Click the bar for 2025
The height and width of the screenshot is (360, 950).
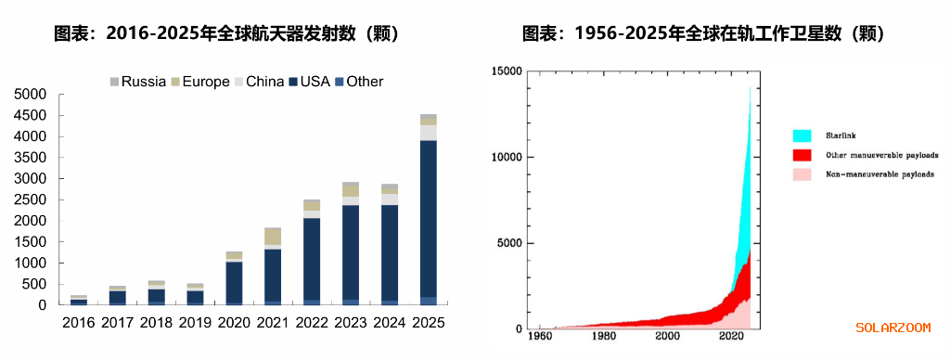click(x=428, y=210)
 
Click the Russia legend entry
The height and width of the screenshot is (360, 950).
click(x=138, y=82)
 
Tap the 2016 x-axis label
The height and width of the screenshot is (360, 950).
click(x=79, y=323)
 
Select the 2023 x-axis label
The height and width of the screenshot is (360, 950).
click(x=350, y=323)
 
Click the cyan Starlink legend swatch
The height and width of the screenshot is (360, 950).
click(x=802, y=135)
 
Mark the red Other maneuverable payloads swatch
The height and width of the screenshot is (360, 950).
click(x=802, y=155)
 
